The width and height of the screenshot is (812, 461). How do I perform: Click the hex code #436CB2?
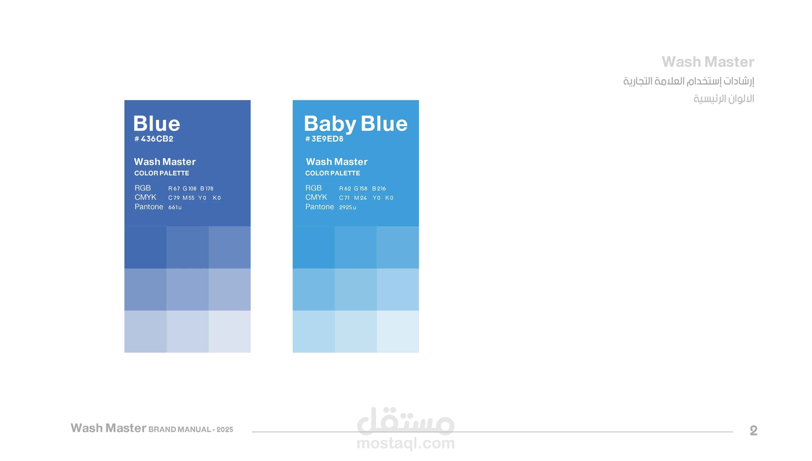coord(154,139)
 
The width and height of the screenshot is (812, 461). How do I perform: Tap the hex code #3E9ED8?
coord(324,139)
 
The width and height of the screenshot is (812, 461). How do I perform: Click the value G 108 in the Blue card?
coord(190,188)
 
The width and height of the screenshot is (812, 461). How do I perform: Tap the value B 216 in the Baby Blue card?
coord(379,188)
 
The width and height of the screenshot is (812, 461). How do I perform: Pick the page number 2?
coord(753,431)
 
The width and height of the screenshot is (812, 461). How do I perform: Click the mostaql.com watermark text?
coord(406,443)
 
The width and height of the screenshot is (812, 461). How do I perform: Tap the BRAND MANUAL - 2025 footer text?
coord(191,429)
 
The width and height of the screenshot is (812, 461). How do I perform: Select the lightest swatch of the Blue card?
coord(229,332)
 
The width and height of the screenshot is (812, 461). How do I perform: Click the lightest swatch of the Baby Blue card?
coord(398,332)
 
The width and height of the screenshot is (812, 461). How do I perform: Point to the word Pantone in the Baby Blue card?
coord(320,207)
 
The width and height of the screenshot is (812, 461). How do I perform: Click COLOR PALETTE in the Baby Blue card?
coord(332,173)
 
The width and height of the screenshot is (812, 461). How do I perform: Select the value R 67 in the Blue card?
coord(174,188)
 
